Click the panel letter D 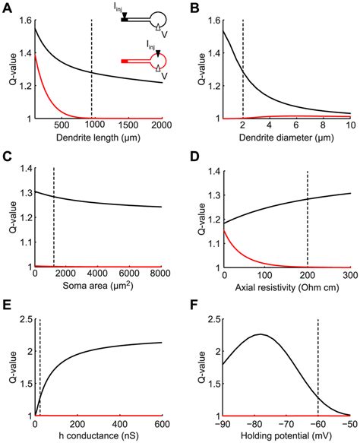coord(191,157)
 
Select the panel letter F coord(191,306)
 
